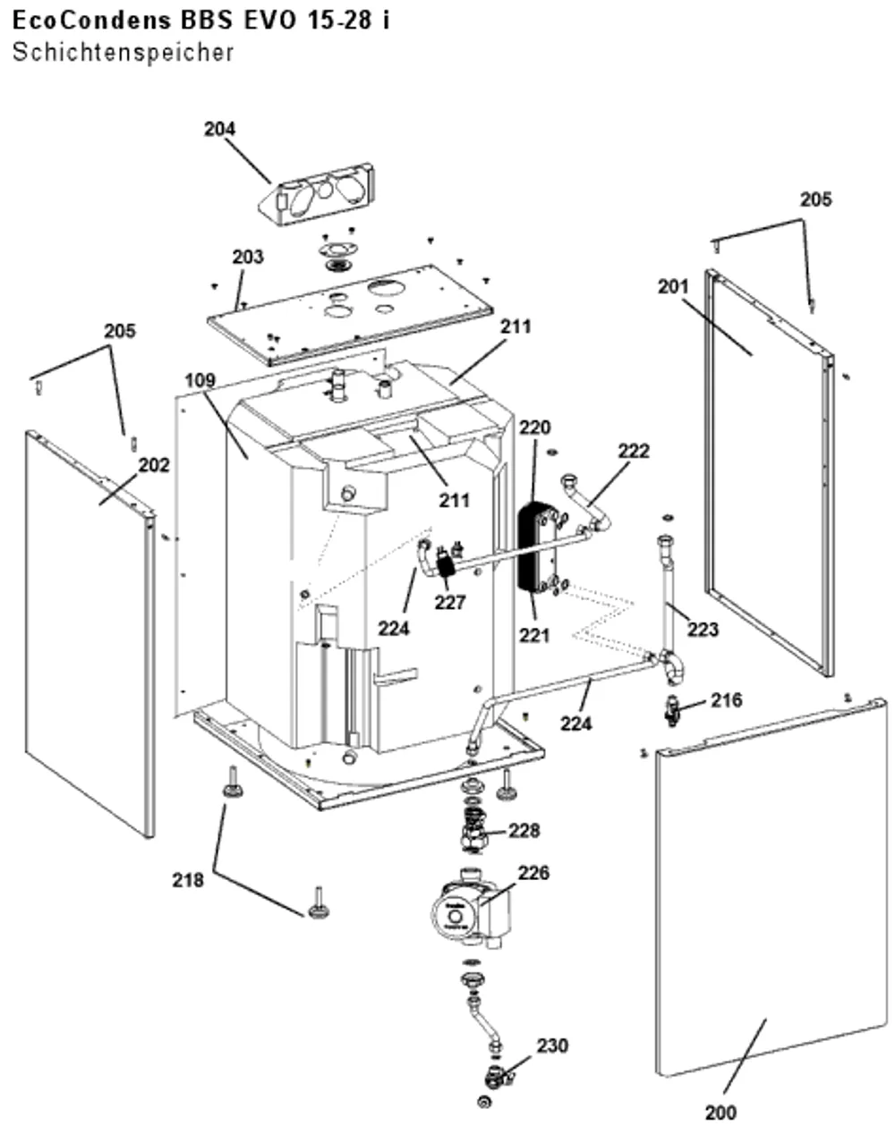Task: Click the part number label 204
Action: (220, 129)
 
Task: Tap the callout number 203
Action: (248, 258)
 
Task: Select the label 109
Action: (200, 380)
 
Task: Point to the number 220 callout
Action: (535, 427)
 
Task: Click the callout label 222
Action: (634, 451)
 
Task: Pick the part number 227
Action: (450, 602)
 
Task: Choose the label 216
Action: (726, 700)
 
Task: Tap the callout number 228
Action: (524, 831)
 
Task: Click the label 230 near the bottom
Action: (552, 1045)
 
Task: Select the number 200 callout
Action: (720, 1113)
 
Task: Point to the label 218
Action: (188, 880)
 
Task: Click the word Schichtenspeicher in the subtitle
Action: (123, 53)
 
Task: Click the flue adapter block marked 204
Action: (317, 194)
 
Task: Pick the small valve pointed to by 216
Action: (673, 711)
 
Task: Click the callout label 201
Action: (673, 287)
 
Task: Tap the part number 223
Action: (703, 630)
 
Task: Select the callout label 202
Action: (154, 465)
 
